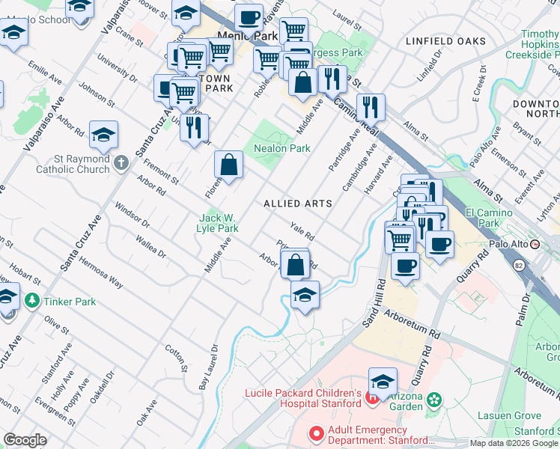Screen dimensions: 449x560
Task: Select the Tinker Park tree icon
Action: (x=31, y=301)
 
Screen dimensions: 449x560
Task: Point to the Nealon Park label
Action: (x=281, y=148)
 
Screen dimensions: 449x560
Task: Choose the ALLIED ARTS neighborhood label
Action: (x=297, y=204)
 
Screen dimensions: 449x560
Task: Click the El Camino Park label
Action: (x=488, y=218)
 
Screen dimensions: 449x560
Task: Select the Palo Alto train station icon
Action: (x=535, y=244)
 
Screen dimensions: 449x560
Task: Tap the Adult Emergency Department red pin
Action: (x=316, y=433)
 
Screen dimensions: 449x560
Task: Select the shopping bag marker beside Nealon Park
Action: (x=229, y=165)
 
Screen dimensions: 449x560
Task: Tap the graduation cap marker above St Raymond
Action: (x=103, y=135)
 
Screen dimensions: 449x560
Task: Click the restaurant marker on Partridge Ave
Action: (x=370, y=106)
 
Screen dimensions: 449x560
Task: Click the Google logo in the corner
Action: (x=25, y=440)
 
